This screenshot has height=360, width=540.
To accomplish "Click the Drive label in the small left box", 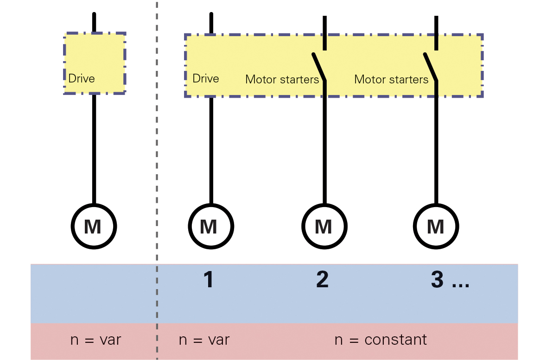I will click(81, 78).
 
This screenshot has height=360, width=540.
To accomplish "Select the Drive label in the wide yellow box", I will click(205, 78).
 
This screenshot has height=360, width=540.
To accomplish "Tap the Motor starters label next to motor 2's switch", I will click(282, 80).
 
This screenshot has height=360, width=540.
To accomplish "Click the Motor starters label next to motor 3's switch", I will click(391, 80).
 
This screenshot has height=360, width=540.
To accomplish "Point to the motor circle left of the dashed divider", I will click(94, 227).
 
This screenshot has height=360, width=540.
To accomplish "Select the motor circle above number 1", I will click(211, 227).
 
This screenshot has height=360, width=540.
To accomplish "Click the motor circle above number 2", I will click(324, 227).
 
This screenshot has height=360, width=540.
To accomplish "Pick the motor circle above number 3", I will click(436, 227).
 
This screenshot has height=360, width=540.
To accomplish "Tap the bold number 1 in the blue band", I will click(209, 280).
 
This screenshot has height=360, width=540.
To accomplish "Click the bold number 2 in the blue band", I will click(322, 280).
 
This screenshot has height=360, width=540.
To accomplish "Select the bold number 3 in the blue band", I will click(437, 280).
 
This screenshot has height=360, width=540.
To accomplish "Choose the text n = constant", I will click(380, 340).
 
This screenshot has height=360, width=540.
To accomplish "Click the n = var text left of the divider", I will click(95, 340).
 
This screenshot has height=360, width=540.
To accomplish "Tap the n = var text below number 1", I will click(204, 340).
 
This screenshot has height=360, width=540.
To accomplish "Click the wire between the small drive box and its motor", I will click(94, 148).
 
